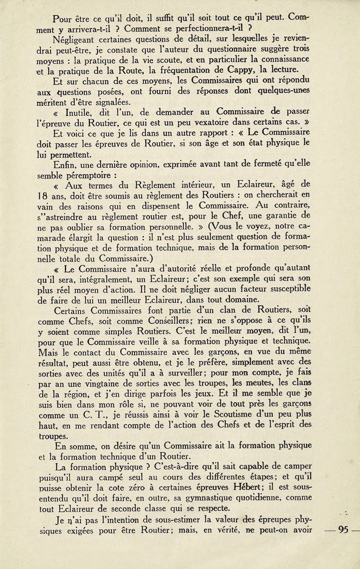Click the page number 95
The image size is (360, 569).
[x=343, y=529]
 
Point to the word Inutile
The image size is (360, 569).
[x=82, y=111]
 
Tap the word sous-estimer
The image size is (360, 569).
[x=170, y=519]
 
